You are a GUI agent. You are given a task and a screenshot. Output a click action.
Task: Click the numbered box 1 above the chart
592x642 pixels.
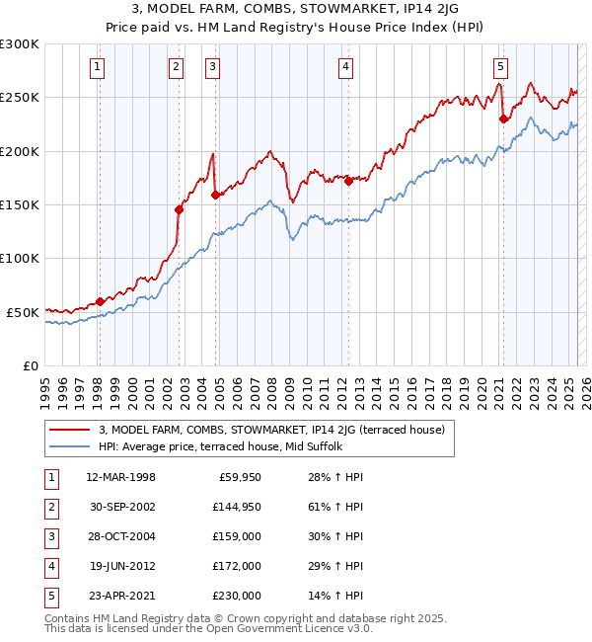pos(99,67)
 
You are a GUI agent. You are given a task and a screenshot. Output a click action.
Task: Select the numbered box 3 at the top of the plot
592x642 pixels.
pos(213,67)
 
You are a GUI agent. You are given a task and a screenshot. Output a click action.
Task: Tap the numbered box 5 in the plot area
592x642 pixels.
pos(501,67)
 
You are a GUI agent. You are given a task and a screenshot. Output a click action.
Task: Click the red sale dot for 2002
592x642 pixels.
pos(180,209)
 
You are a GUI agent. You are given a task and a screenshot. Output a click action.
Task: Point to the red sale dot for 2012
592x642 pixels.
pos(348,181)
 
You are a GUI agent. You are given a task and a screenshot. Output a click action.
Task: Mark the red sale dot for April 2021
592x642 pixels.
pos(503,119)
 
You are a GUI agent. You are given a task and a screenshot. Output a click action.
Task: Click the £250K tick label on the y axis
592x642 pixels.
pos(20,99)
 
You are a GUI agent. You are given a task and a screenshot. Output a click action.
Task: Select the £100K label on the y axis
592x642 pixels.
pos(20,259)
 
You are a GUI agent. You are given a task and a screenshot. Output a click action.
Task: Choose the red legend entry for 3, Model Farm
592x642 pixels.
pos(271,430)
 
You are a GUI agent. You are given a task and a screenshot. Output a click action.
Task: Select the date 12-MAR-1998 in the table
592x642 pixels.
pos(120,477)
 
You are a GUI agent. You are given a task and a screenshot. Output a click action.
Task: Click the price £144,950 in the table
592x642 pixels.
pos(236,507)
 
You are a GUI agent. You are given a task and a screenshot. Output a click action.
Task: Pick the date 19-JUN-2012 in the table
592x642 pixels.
pos(120,566)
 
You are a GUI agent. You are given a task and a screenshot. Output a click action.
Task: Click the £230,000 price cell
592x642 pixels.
pos(236,596)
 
